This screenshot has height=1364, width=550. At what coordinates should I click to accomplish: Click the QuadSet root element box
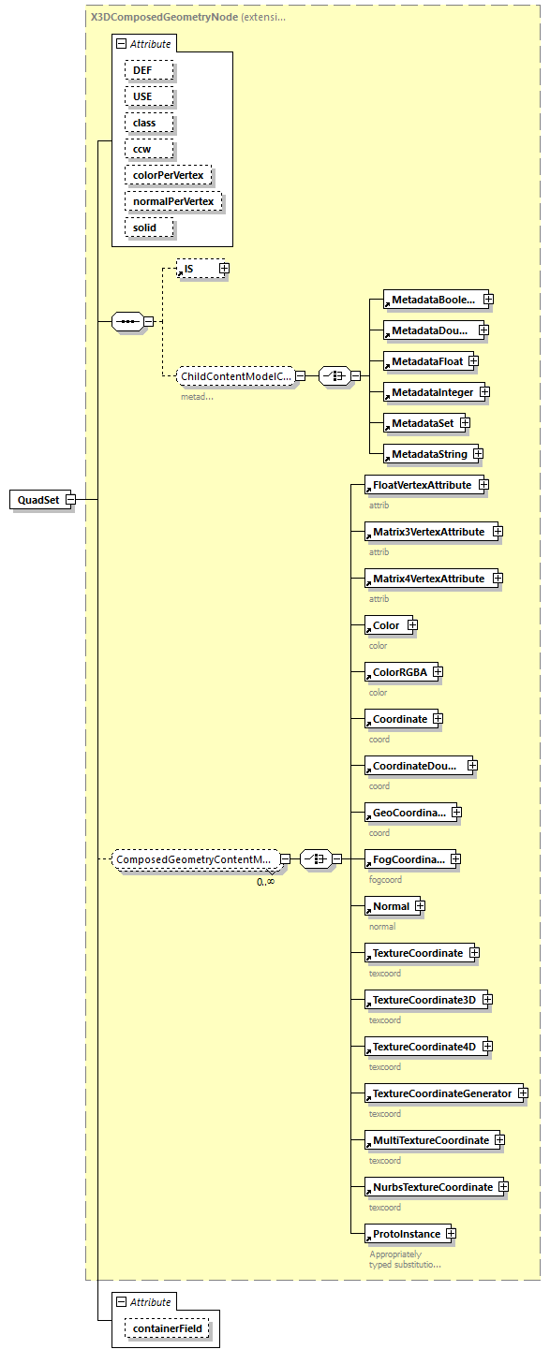click(x=37, y=500)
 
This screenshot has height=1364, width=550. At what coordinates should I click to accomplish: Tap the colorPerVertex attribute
click(x=169, y=175)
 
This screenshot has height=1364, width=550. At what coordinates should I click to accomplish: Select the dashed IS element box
click(x=197, y=269)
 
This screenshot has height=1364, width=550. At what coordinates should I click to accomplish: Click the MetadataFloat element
click(x=425, y=361)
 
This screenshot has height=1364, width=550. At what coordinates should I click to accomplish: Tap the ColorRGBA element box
click(x=398, y=672)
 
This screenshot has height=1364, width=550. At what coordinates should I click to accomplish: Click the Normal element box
click(x=390, y=906)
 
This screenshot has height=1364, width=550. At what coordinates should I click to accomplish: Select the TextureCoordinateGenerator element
click(x=441, y=1093)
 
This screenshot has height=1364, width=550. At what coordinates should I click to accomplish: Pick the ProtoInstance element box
click(x=405, y=1234)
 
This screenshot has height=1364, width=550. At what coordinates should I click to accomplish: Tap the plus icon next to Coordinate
click(x=438, y=719)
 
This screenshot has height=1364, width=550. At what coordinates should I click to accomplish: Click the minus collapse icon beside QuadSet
click(x=70, y=500)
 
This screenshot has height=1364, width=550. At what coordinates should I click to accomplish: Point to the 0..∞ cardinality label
click(x=266, y=881)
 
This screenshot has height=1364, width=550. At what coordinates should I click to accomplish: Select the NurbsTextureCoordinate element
click(x=431, y=1187)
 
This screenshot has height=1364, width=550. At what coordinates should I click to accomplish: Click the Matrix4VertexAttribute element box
click(x=427, y=579)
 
